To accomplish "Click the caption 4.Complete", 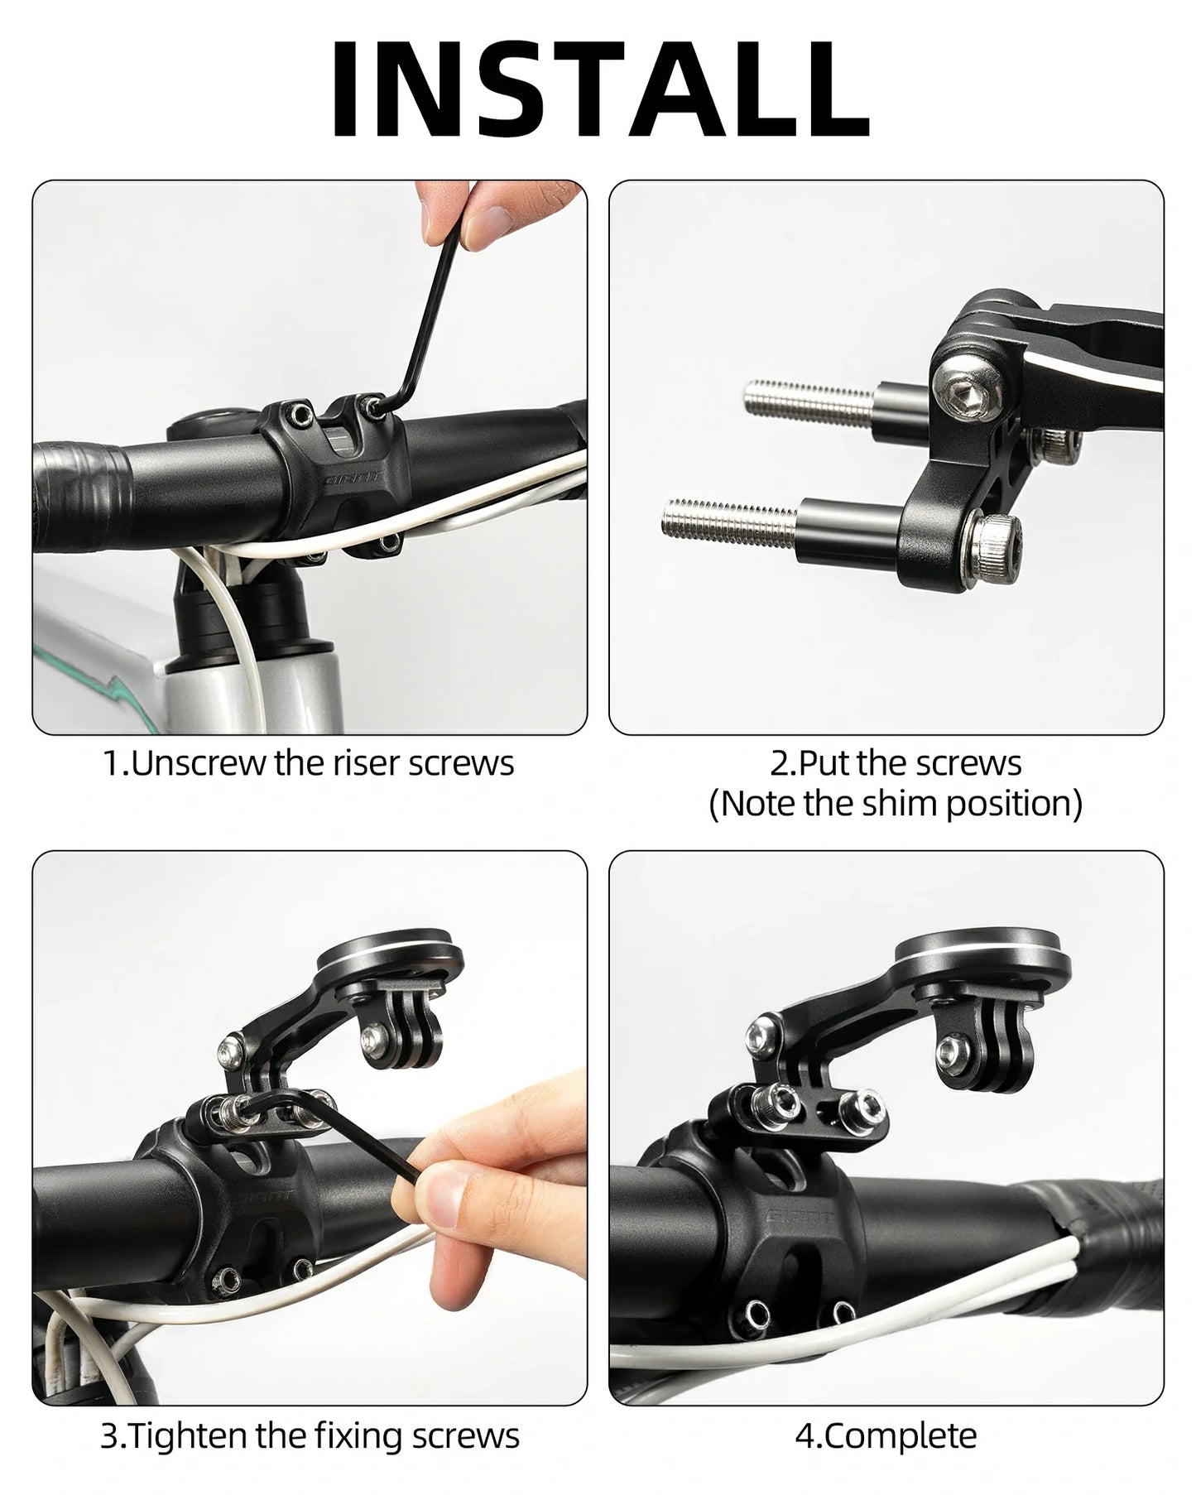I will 886,1435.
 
